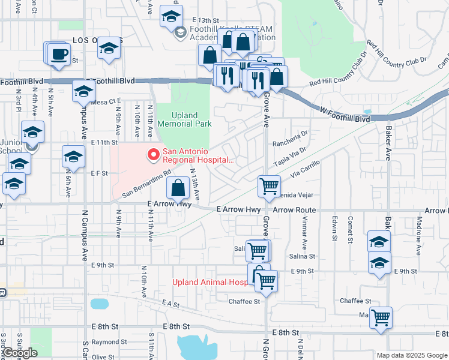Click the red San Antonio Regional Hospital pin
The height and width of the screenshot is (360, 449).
[x=153, y=155]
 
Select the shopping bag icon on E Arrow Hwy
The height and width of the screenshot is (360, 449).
[x=178, y=188]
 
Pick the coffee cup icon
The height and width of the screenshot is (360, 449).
[x=59, y=54]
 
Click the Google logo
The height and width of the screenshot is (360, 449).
[x=20, y=353]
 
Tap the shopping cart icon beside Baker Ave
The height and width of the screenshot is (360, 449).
[x=381, y=317]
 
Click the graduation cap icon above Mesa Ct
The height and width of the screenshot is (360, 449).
[x=83, y=91]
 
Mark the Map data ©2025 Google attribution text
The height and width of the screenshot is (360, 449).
[x=411, y=355]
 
